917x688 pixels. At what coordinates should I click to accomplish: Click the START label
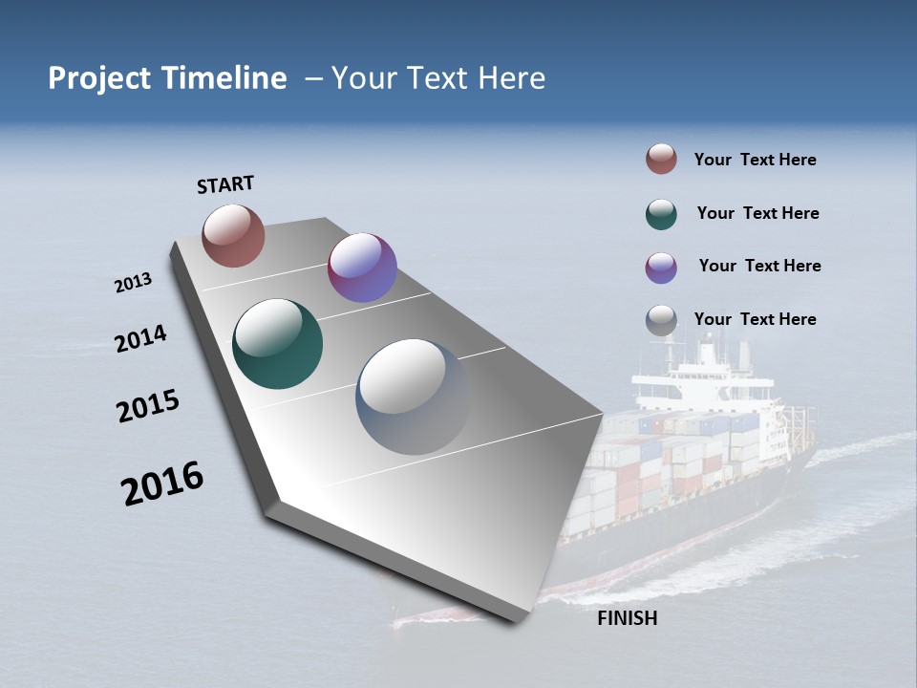[225, 184]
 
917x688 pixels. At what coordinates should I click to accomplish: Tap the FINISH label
[627, 618]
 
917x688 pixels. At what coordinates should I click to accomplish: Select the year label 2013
[133, 283]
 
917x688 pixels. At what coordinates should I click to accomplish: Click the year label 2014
[140, 339]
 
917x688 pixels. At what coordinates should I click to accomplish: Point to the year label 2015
[148, 406]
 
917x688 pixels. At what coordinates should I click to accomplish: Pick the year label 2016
[162, 484]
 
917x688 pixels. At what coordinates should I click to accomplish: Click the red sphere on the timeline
[233, 235]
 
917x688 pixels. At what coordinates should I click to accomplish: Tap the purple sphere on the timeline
[362, 268]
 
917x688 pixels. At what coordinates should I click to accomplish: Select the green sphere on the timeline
[277, 344]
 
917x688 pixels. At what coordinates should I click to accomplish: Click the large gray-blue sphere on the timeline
[413, 397]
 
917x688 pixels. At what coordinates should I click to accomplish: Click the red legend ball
[661, 160]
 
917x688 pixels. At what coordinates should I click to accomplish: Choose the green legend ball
[661, 214]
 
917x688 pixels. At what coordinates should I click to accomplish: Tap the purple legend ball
[661, 268]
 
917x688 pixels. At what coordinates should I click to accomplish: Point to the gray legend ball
[661, 321]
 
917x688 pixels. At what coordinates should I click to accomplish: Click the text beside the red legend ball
[755, 160]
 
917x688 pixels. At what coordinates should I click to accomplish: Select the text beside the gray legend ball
[755, 319]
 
